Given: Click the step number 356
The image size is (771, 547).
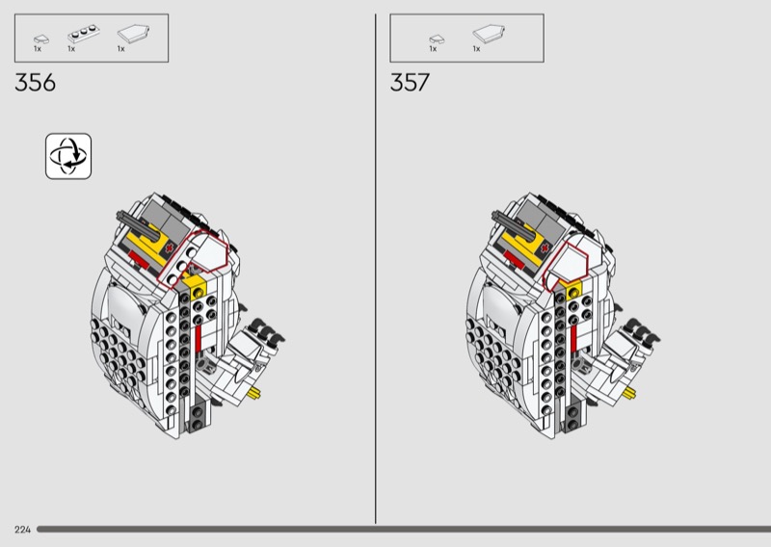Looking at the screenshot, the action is pyautogui.click(x=35, y=83).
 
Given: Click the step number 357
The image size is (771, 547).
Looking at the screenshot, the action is pyautogui.click(x=410, y=83).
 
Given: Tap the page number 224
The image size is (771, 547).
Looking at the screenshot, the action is pyautogui.click(x=22, y=530).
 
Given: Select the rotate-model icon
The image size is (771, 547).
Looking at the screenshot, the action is pyautogui.click(x=68, y=156).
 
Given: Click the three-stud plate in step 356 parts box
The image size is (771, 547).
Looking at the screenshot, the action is pyautogui.click(x=84, y=35).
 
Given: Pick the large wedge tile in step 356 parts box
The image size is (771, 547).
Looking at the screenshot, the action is pyautogui.click(x=133, y=34).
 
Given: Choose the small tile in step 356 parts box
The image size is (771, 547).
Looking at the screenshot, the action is pyautogui.click(x=41, y=39).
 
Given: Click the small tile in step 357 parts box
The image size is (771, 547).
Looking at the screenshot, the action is pyautogui.click(x=437, y=39).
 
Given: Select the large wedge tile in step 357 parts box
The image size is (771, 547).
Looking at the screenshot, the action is pyautogui.click(x=489, y=34).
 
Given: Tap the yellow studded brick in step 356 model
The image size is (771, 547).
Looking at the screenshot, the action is pyautogui.click(x=198, y=287).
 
